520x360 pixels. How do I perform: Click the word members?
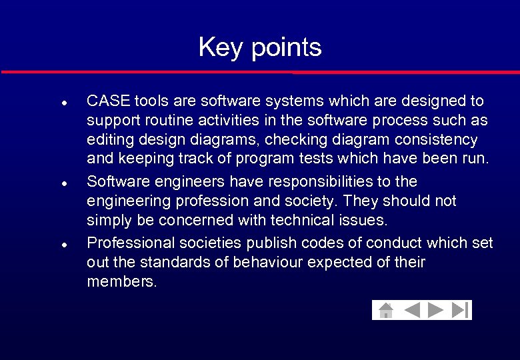coord(122,281)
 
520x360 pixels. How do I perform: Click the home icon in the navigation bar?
coord(385,311)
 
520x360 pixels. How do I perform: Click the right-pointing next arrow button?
coord(436,311)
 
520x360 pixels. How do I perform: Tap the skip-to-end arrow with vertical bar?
coord(461,311)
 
